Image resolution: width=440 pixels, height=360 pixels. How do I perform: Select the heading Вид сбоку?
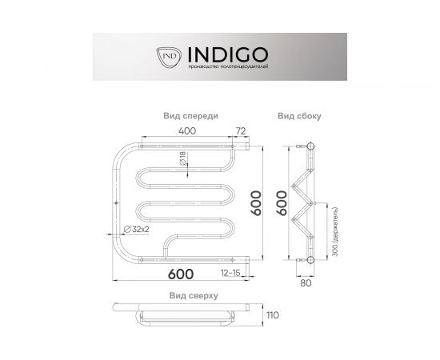pos(299,115)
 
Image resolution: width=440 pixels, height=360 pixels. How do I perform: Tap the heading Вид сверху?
pos(192,295)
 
